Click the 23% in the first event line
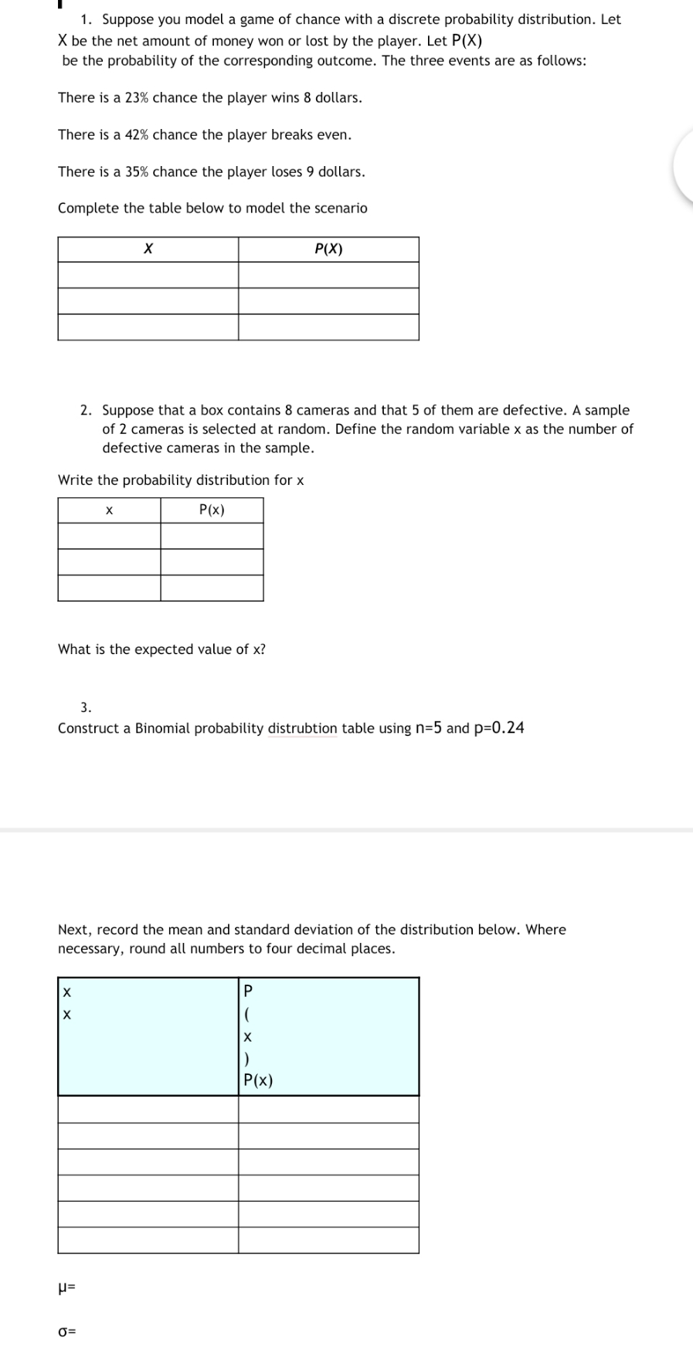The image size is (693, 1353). point(137,98)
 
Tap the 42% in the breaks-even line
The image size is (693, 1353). point(137,135)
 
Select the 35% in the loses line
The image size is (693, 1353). point(137,172)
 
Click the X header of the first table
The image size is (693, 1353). point(148,249)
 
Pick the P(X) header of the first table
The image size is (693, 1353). point(328,249)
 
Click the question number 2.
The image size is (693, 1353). point(87,411)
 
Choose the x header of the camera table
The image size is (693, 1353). point(109,510)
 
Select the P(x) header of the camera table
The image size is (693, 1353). point(212,510)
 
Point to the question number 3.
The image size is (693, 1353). point(86,707)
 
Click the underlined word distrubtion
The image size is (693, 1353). point(302,728)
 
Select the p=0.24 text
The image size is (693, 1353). point(498,728)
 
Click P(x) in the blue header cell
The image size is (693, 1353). point(258,1081)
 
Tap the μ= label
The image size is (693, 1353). point(67,1288)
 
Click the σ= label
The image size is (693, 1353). point(66,1332)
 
